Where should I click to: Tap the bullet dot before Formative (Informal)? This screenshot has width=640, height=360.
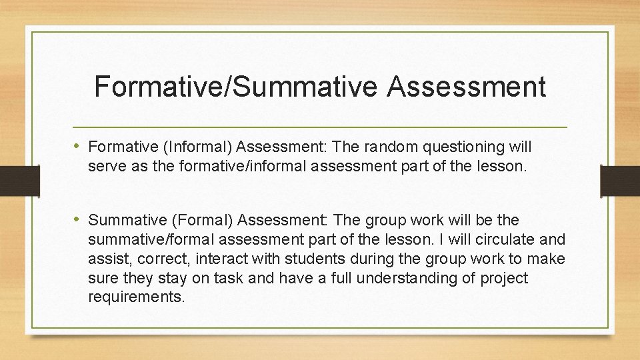pyautogui.click(x=78, y=145)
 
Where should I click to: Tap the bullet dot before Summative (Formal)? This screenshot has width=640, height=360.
pyautogui.click(x=78, y=219)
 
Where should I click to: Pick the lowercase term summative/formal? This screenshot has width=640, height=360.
pyautogui.click(x=154, y=239)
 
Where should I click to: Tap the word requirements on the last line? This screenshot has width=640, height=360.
pyautogui.click(x=135, y=297)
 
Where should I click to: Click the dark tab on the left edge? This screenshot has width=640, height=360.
pyautogui.click(x=11, y=180)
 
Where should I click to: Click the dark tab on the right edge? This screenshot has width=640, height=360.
pyautogui.click(x=619, y=180)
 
